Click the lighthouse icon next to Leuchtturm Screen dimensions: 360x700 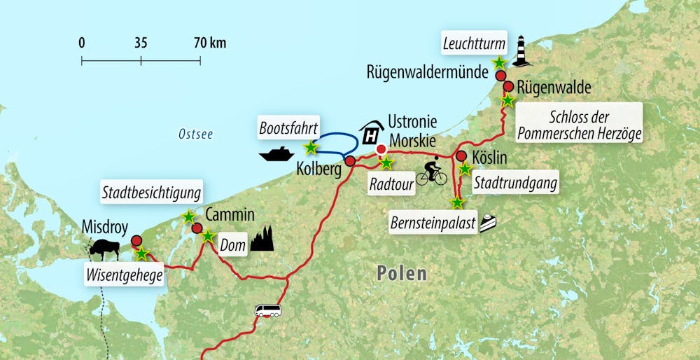521,51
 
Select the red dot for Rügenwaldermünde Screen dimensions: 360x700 500,75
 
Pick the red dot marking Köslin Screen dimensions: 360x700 461,155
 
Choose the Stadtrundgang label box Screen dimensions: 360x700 514,184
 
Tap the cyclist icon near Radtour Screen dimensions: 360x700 431,172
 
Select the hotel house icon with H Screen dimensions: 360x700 372,132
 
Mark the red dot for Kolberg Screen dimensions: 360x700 350,161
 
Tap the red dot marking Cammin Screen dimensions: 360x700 197,228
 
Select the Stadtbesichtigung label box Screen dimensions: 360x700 152,192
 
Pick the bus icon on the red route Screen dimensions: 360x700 267,310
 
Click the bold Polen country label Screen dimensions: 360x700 401,272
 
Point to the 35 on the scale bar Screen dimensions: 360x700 141,43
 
